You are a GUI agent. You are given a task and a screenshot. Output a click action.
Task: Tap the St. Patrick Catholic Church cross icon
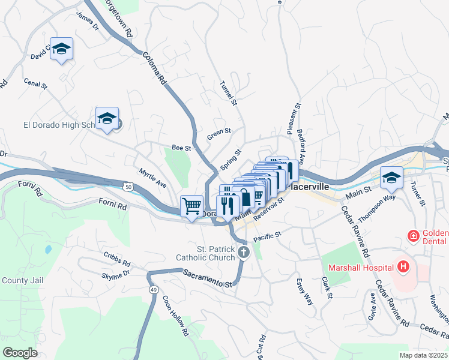(x=243, y=252)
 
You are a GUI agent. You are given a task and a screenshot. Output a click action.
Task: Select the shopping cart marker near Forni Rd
(x=191, y=206)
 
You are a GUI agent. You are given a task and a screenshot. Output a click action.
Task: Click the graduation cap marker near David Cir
(x=61, y=49)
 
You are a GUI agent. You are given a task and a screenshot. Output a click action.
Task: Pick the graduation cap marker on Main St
(x=391, y=177)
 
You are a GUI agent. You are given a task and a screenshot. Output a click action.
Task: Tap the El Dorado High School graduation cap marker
(x=107, y=118)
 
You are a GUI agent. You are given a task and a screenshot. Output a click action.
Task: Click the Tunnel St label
(x=229, y=93)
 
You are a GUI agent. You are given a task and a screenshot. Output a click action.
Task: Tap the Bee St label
(x=181, y=147)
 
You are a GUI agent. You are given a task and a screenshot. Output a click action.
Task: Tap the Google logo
(x=20, y=352)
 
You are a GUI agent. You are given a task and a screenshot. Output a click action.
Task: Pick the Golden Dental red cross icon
(x=413, y=236)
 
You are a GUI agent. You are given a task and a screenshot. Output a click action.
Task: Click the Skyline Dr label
(x=116, y=274)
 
